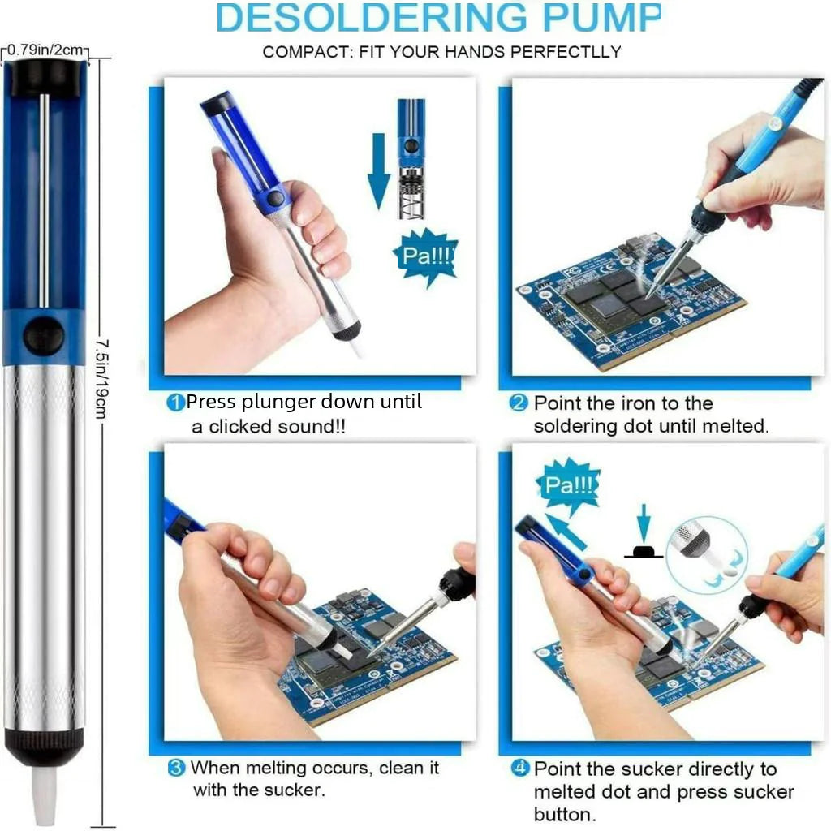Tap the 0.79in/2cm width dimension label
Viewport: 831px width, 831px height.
click(47, 51)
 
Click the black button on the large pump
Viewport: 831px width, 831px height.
click(43, 336)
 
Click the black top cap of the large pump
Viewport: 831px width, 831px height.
click(45, 76)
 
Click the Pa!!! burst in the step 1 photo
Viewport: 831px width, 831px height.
click(425, 257)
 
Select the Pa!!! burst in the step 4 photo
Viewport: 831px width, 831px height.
click(569, 486)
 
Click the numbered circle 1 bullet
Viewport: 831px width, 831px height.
click(175, 402)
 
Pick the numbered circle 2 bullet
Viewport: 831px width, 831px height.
click(519, 403)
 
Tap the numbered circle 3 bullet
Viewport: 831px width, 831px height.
click(175, 767)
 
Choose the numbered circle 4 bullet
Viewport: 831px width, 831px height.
click(520, 769)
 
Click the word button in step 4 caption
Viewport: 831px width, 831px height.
click(565, 814)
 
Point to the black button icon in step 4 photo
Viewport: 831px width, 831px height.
click(644, 552)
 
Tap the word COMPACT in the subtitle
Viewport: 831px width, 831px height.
click(304, 52)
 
